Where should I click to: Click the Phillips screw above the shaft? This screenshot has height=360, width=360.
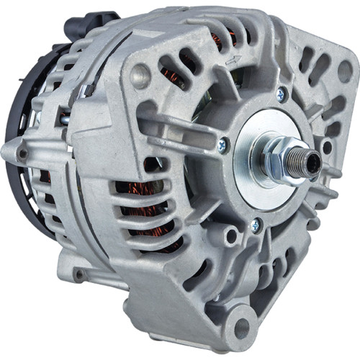pyautogui.click(x=281, y=93)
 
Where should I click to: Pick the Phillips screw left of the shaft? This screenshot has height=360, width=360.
pyautogui.click(x=224, y=146)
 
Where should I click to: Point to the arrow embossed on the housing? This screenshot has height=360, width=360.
pyautogui.click(x=232, y=60)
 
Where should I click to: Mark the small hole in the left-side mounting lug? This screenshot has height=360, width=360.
pyautogui.click(x=23, y=153)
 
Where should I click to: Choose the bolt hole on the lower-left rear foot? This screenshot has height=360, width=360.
pyautogui.click(x=77, y=274)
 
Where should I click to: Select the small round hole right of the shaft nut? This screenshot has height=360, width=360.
pyautogui.click(x=327, y=148)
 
